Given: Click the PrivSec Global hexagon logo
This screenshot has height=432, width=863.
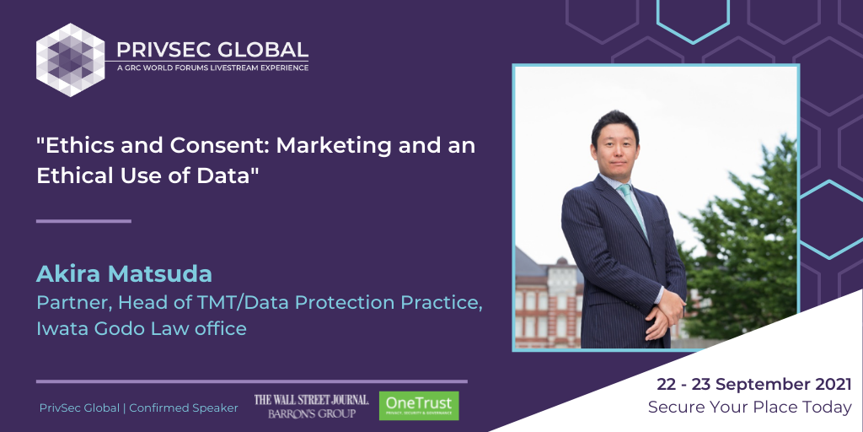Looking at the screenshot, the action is point(71,60).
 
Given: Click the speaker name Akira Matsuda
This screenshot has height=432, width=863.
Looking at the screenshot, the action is point(124,274).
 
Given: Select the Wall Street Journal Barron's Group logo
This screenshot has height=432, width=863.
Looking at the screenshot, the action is point(311,406).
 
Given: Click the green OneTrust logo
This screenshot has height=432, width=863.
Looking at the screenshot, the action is point(419,406).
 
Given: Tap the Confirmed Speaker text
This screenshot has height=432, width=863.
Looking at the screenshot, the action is point(184,408).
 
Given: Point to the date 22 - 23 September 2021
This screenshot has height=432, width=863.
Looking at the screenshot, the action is point(754,385).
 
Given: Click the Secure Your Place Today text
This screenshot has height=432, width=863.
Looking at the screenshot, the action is point(749,408).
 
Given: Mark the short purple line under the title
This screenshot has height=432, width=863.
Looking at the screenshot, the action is point(83,221).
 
